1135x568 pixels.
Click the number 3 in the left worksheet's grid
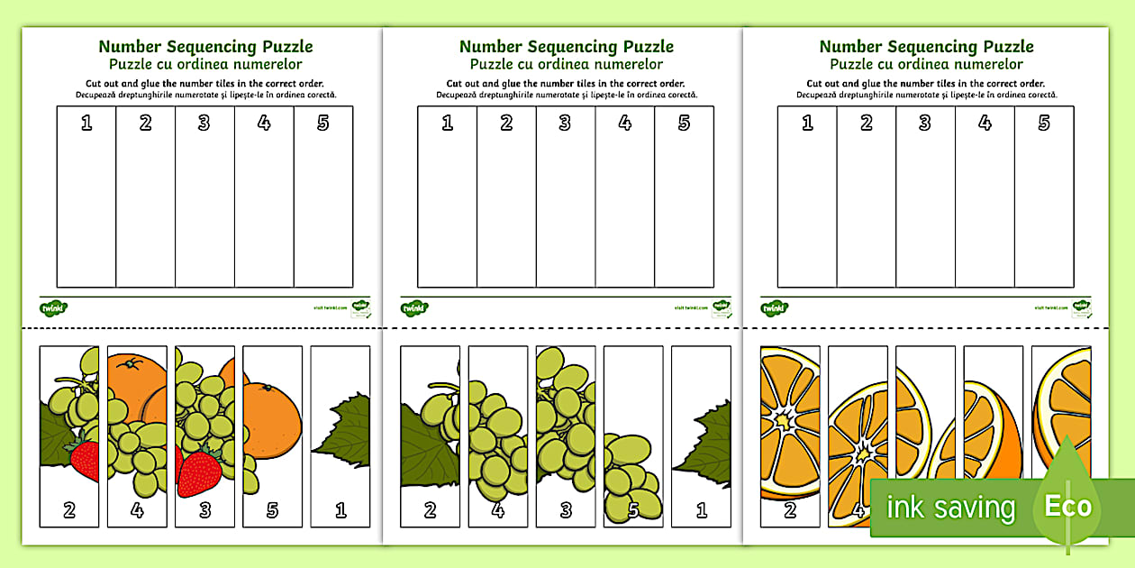pyautogui.click(x=204, y=124)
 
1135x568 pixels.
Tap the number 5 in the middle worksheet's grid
pyautogui.click(x=684, y=124)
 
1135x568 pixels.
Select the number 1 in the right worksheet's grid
pyautogui.click(x=807, y=124)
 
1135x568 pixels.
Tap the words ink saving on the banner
pyautogui.click(x=950, y=508)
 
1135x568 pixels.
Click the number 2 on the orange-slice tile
pyautogui.click(x=790, y=510)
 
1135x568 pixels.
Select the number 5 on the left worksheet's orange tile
pyautogui.click(x=272, y=510)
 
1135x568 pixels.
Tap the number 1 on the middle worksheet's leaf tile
pyautogui.click(x=701, y=510)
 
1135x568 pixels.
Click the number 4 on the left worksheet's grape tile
pyautogui.click(x=137, y=510)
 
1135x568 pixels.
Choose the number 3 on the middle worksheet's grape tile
pyautogui.click(x=565, y=510)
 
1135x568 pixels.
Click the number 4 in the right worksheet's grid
pyautogui.click(x=985, y=124)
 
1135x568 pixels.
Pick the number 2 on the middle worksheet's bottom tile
pyautogui.click(x=430, y=510)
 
